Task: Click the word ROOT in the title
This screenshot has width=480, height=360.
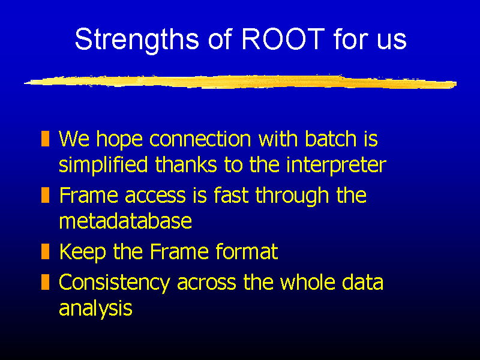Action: coord(283,39)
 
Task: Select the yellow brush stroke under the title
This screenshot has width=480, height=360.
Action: coord(241,82)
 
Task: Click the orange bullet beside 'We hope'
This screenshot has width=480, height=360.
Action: coord(46,139)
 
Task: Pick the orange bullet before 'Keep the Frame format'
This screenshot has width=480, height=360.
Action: coord(46,251)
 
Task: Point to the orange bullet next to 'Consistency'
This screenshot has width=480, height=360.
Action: coord(46,282)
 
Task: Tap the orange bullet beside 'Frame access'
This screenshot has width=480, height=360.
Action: coord(46,195)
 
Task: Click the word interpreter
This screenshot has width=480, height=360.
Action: coord(336,166)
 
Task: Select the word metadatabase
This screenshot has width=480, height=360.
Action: coord(125,220)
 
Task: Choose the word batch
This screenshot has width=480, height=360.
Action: coord(331,139)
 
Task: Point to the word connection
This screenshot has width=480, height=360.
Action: coord(200,139)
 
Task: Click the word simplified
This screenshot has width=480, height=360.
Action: coord(103,166)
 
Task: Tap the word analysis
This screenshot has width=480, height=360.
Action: coord(95,308)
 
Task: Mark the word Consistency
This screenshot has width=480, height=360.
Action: coord(115,283)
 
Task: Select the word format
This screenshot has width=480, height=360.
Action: coord(247,251)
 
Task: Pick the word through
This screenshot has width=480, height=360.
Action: coord(292,196)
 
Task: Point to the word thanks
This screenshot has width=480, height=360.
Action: coord(186,164)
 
